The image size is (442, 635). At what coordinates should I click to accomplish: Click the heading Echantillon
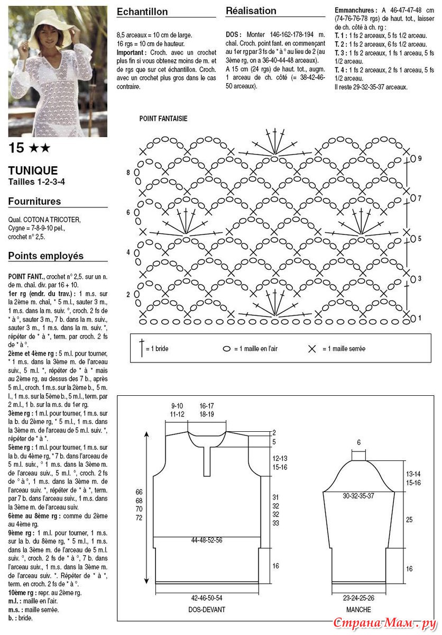coord(142,12)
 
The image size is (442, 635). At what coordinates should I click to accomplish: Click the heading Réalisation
coord(251,11)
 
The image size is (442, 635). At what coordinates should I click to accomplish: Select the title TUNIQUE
coord(33,170)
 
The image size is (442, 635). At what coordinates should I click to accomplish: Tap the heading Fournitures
coord(34,201)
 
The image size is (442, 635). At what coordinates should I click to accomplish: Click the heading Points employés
coord(45,256)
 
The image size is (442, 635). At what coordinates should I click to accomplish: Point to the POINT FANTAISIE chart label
coord(163,119)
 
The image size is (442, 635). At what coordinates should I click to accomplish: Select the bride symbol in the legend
coord(141,348)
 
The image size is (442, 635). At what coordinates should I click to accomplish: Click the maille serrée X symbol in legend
coord(311,349)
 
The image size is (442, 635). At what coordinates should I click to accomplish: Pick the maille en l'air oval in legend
coord(227,349)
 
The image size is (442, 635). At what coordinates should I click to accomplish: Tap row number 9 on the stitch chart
coord(419,158)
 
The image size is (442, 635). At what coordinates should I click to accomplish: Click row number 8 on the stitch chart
coord(128,173)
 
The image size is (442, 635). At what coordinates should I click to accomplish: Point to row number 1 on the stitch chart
coord(419,318)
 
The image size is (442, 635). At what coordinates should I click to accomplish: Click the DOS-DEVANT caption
coord(207,610)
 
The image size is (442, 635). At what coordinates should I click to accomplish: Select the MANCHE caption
coord(358,610)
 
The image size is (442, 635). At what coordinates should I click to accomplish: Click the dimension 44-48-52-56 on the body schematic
coord(207,540)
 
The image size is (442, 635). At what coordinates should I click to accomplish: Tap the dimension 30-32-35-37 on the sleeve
coord(358,496)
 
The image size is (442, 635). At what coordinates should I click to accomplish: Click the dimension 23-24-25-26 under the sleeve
coord(358,598)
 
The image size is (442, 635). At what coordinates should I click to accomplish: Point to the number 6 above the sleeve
coord(358,442)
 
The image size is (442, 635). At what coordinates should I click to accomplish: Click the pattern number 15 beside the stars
coord(16,148)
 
